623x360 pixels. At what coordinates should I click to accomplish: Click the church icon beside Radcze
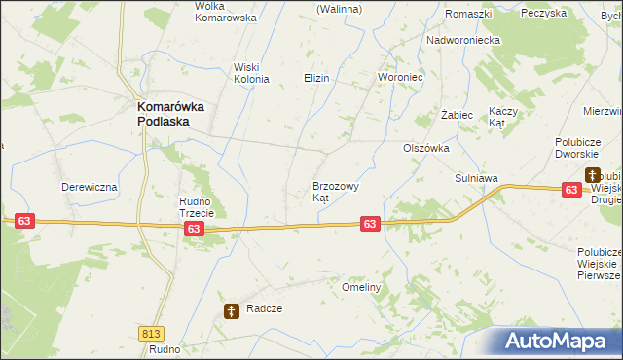tap(232, 311)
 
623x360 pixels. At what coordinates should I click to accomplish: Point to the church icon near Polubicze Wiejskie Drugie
tap(591, 175)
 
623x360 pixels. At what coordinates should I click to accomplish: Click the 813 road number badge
tap(151, 333)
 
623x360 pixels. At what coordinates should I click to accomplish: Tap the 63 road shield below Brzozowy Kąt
tap(369, 224)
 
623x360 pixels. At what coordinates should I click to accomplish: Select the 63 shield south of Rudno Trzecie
tap(194, 229)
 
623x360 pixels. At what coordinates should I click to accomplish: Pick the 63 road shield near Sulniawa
tap(571, 191)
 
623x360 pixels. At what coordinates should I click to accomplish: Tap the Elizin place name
tap(316, 78)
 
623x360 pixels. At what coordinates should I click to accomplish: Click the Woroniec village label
tap(399, 77)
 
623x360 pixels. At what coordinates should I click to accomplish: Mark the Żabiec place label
tap(457, 115)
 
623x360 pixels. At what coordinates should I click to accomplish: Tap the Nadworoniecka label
tap(463, 40)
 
